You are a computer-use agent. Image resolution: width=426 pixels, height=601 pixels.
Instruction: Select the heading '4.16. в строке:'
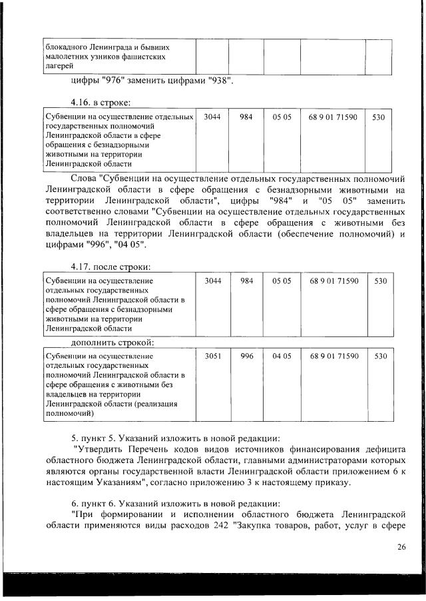[x=101, y=102]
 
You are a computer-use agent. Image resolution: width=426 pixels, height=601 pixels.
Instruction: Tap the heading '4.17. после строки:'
[x=110, y=267]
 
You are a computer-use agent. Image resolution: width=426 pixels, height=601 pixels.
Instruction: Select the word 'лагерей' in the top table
[x=59, y=66]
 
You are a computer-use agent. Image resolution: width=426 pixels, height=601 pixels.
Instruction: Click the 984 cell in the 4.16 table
[x=246, y=117]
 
